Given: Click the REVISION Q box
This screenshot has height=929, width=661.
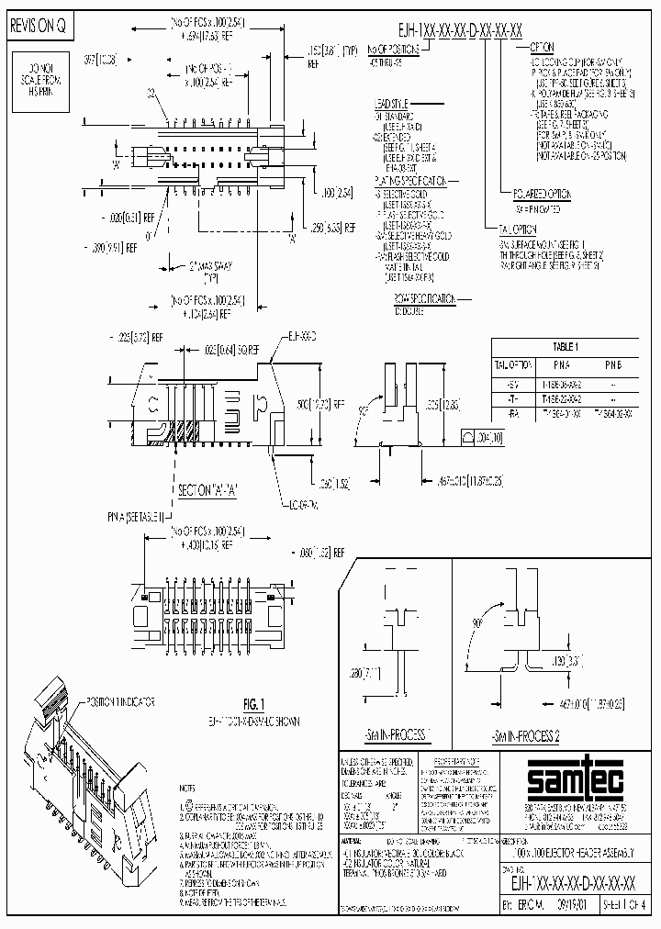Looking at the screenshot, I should click(38, 28).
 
